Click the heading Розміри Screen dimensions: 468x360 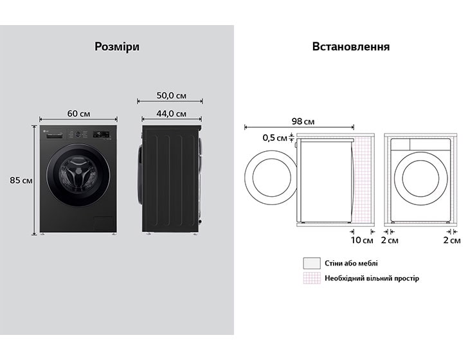pyautogui.click(x=117, y=47)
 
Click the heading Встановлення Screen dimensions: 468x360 pyautogui.click(x=351, y=47)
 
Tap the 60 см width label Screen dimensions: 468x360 pyautogui.click(x=78, y=114)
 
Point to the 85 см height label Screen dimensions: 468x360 pyautogui.click(x=21, y=180)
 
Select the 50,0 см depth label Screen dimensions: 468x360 pyautogui.click(x=171, y=96)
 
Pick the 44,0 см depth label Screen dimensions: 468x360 pyautogui.click(x=171, y=114)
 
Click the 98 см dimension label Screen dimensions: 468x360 pyautogui.click(x=303, y=122)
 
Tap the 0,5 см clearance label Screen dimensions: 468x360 pyautogui.click(x=274, y=138)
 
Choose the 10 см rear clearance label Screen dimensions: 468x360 pyautogui.click(x=362, y=240)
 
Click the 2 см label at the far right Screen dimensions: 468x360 pyautogui.click(x=451, y=240)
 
